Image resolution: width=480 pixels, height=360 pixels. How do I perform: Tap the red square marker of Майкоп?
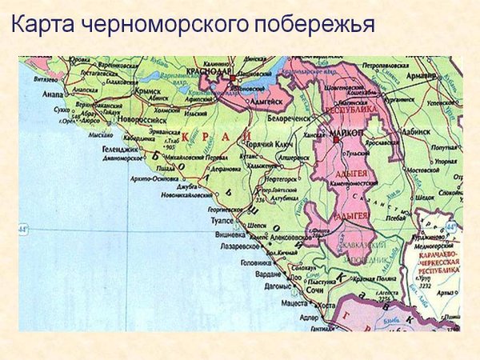click(x=338, y=137)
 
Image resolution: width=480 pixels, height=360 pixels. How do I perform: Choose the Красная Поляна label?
click(x=352, y=278)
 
